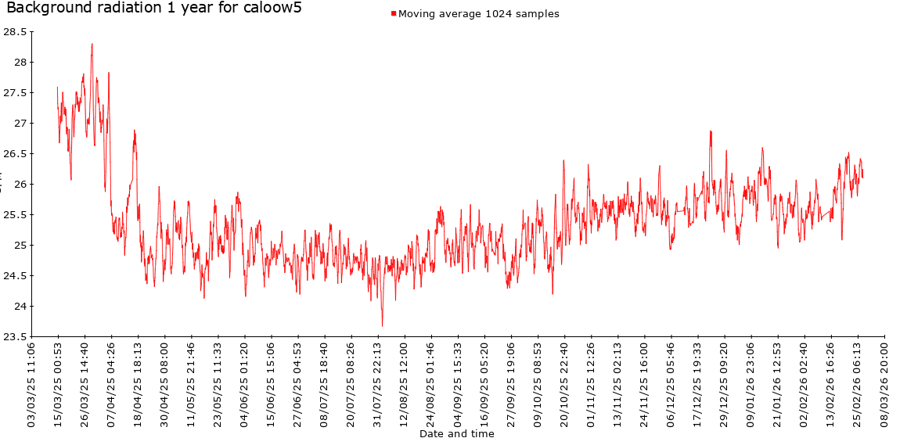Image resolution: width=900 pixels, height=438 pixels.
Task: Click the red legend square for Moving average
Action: coord(393,13)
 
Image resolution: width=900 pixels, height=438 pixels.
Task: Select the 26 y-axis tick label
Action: coord(18,185)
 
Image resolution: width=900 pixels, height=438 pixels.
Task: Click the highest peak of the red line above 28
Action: coord(92,45)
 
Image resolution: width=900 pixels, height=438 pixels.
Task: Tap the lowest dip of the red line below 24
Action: coord(382,325)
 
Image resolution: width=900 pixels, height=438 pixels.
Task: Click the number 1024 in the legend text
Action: coord(491,13)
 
